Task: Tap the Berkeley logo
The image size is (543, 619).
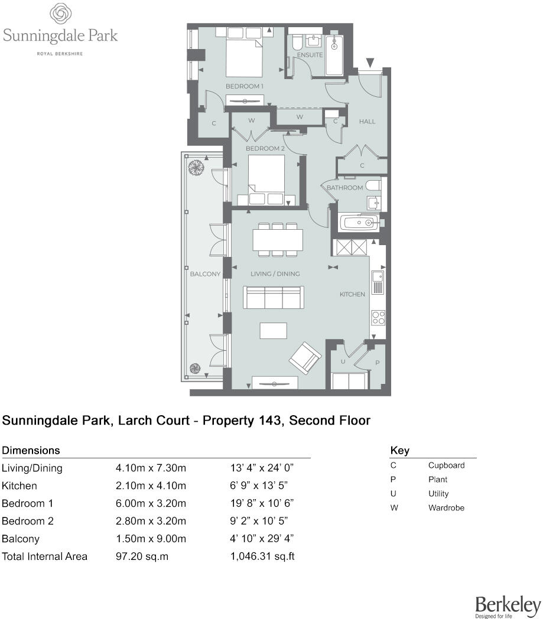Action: point(508,605)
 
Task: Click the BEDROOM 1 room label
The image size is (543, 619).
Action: point(244,86)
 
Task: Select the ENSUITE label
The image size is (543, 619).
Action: point(310,55)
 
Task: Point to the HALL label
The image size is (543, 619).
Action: point(367,122)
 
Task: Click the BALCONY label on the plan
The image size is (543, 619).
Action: point(205,274)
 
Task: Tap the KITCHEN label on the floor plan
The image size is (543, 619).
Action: point(352,294)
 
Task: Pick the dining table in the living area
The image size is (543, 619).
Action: point(278,240)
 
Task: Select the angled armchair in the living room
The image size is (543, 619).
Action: point(305,357)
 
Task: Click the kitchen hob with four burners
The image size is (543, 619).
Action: point(378,317)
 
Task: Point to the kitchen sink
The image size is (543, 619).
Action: point(378,277)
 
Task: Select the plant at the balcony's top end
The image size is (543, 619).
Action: point(194,168)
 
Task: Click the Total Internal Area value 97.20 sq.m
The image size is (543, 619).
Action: point(142,556)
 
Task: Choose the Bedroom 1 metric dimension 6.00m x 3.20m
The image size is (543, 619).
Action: point(151,503)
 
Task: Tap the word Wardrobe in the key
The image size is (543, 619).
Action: point(446,508)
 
